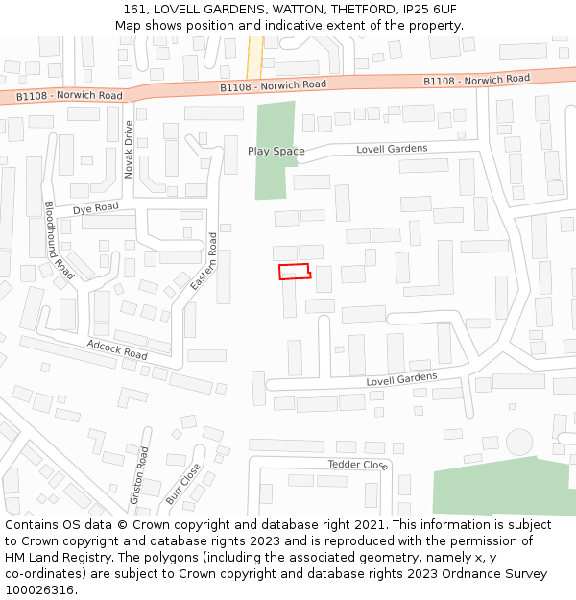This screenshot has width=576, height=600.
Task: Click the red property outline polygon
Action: [x=295, y=272]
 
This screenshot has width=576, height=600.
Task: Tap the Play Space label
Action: [x=276, y=151]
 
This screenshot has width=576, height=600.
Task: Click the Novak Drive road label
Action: [x=129, y=149]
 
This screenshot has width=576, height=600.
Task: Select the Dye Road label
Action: [x=95, y=207]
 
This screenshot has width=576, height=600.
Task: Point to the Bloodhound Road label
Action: [x=59, y=240]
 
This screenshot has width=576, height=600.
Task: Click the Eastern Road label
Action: [x=204, y=262]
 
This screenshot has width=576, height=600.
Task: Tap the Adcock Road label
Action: [x=117, y=349]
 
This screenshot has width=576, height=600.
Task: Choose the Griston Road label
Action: [x=139, y=475]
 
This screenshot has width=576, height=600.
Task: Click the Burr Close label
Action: [x=182, y=484]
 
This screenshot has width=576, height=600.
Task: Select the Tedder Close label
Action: [x=357, y=465]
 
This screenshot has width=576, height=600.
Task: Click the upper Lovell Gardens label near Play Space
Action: [x=392, y=149]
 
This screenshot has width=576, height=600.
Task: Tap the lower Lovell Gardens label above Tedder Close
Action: [x=401, y=380]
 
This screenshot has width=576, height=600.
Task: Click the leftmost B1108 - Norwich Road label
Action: [x=69, y=96]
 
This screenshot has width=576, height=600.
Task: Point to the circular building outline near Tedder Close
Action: [x=519, y=442]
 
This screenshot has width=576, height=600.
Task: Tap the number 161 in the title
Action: [x=135, y=9]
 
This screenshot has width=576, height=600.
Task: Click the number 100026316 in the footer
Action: [x=38, y=590]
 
